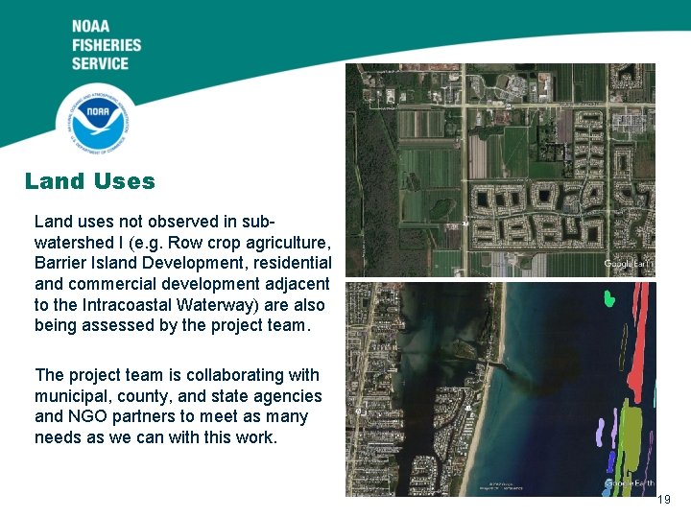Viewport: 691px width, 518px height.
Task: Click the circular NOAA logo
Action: (93, 120)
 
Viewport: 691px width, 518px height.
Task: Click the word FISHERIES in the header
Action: (106, 45)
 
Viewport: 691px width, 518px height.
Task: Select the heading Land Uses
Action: (89, 180)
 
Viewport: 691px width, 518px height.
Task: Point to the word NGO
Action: (86, 416)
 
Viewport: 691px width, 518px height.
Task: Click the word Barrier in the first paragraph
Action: (60, 263)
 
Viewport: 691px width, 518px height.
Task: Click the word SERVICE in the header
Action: (100, 63)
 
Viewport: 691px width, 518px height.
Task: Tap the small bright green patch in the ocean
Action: (608, 298)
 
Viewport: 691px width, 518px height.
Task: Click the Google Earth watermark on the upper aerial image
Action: (628, 264)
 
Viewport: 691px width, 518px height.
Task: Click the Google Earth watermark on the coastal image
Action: (628, 483)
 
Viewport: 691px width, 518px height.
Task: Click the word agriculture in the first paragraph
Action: (287, 242)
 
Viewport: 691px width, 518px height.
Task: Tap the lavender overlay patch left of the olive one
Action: (600, 433)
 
